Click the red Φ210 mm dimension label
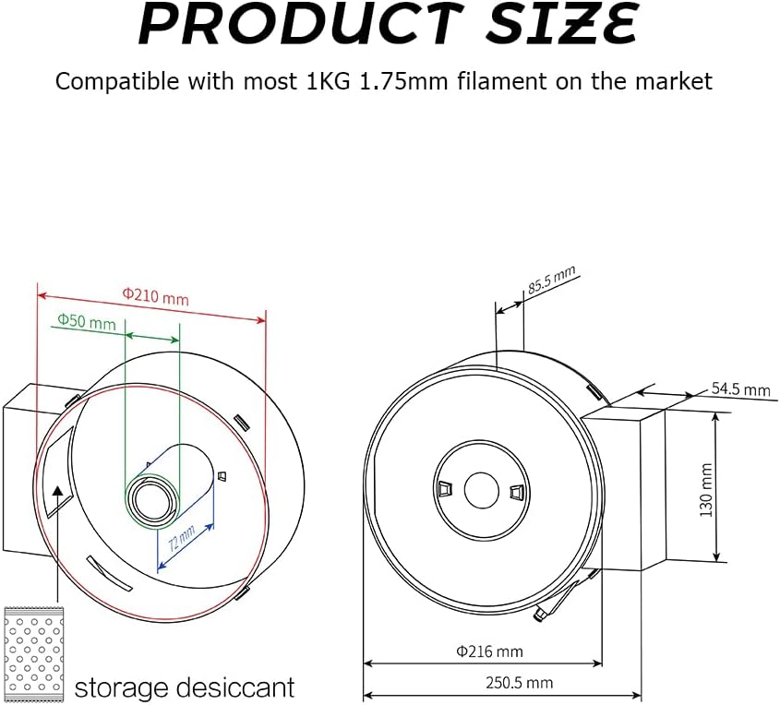155,297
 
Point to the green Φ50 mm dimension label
87,322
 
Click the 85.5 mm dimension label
551,279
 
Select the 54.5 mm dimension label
740,389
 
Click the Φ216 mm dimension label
489,651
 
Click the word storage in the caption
119,687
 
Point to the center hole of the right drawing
481,489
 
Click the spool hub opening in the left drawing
149,499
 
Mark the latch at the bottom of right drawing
553,605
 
